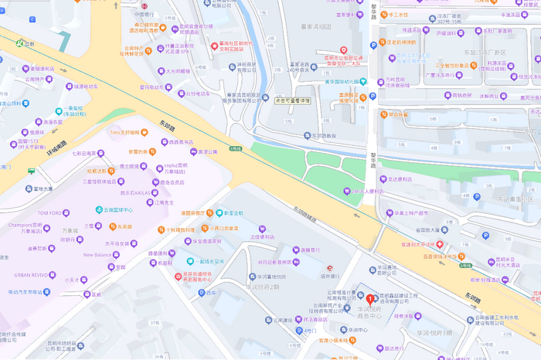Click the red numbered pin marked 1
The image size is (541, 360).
point(370,299)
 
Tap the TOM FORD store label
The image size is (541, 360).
point(53,212)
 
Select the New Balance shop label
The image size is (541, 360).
point(98,254)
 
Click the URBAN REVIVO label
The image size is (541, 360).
point(31,274)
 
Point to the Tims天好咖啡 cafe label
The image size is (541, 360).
point(127,132)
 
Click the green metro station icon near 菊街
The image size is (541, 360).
point(18,43)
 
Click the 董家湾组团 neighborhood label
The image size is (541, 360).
point(313,27)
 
